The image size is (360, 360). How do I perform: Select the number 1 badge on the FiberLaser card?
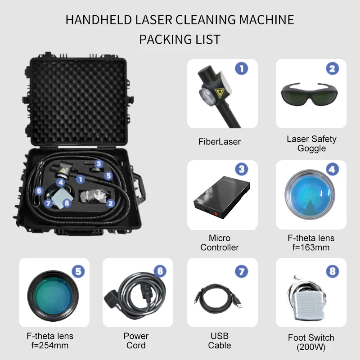(x=242, y=68)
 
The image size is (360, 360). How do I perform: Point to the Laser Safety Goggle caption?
(x=311, y=144)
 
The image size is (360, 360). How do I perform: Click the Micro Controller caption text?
(x=220, y=243)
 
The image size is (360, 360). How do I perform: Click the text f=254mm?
(x=49, y=346)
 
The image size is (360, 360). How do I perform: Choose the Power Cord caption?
(x=136, y=341)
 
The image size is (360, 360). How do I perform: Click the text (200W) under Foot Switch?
(x=311, y=347)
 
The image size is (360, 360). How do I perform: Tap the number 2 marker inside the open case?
(x=109, y=203)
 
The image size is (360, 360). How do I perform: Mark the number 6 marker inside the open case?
(x=39, y=191)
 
